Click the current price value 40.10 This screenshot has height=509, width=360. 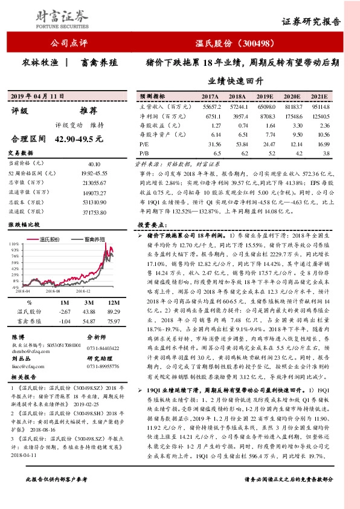(x=94, y=163)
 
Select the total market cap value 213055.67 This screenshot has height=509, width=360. (x=94, y=182)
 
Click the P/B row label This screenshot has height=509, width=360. (x=144, y=154)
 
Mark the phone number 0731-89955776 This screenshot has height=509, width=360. (x=103, y=366)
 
